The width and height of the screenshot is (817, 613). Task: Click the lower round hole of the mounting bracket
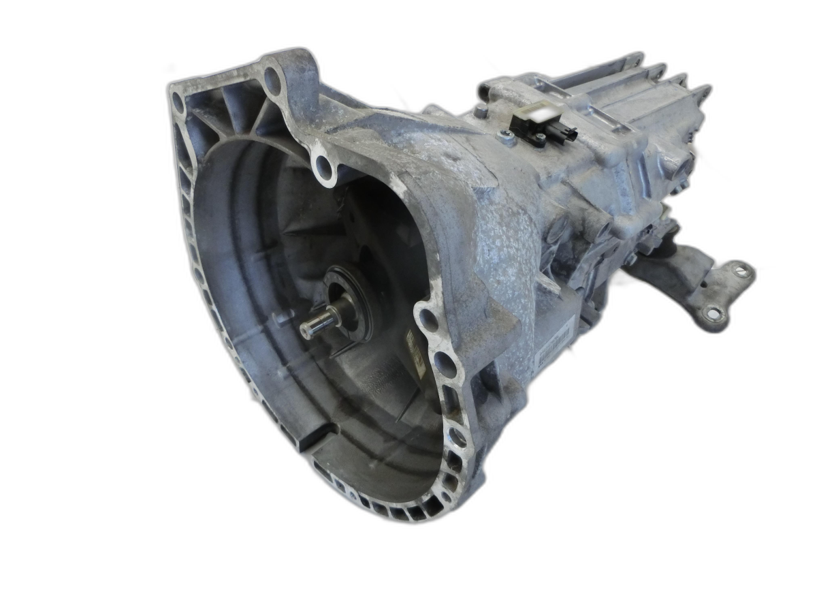[x=712, y=314]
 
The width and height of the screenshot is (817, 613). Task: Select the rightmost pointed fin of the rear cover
[x=703, y=90]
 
